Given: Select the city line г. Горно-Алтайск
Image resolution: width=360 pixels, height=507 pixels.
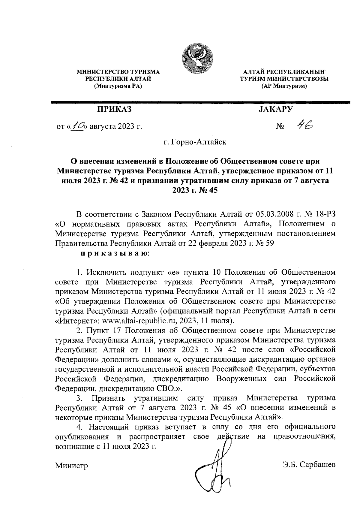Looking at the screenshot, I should point(195,141).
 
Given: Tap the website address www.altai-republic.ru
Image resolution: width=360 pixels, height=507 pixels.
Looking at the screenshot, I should point(139,320).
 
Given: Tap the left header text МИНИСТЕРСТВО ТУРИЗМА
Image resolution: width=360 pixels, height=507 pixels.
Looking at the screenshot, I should point(118,72).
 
